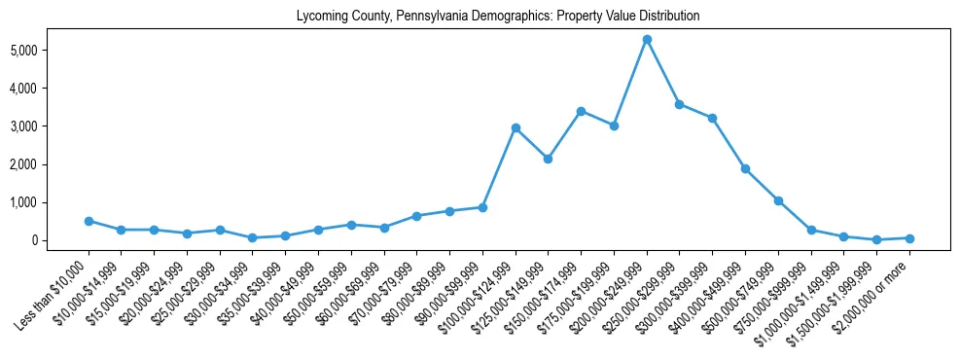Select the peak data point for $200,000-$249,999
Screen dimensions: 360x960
click(x=647, y=39)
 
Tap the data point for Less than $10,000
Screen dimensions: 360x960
click(x=89, y=221)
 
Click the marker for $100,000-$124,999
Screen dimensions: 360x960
click(x=516, y=127)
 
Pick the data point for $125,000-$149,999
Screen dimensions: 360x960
click(x=549, y=159)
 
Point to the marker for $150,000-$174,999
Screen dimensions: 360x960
click(x=581, y=111)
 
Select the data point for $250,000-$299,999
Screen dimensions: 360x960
click(x=680, y=104)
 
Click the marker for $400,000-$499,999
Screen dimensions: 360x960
click(x=745, y=168)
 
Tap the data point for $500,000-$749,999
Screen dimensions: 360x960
click(x=778, y=200)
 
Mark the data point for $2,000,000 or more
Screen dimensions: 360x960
click(x=909, y=238)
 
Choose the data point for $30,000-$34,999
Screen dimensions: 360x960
click(x=253, y=237)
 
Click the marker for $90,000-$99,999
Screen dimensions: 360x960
click(x=482, y=207)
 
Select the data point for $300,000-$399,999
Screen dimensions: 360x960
click(x=713, y=118)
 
